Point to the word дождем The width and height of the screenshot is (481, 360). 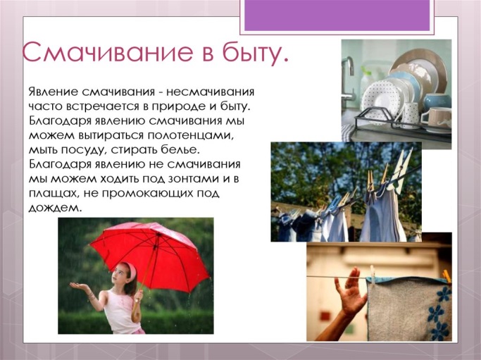tap(56, 208)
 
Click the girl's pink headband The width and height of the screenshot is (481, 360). tap(131, 269)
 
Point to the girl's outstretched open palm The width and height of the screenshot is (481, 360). tap(79, 287)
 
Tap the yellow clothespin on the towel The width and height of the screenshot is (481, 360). tap(446, 276)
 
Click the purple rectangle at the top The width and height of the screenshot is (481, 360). tap(337, 15)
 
